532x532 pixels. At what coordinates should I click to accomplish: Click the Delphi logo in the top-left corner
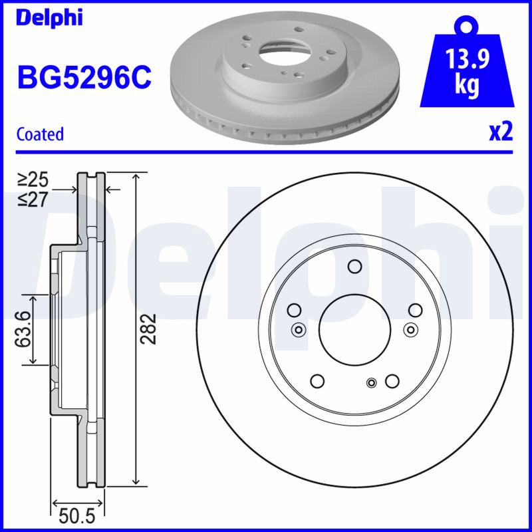pos(49,19)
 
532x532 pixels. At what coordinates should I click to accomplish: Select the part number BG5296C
pos(84,77)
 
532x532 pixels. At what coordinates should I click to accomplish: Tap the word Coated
pos(40,134)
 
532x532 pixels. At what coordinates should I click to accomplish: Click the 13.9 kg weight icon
pos(467,61)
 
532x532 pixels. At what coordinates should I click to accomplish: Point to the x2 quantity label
pos(501,132)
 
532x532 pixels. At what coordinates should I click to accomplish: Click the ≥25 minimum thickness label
pos(33,180)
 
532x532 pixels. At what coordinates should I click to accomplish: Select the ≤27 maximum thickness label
pos(33,199)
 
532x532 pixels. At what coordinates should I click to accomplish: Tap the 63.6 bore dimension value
pos(23,329)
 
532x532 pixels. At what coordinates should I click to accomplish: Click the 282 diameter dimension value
pos(148,329)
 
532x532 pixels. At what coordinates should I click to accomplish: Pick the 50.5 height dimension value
pos(76,517)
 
